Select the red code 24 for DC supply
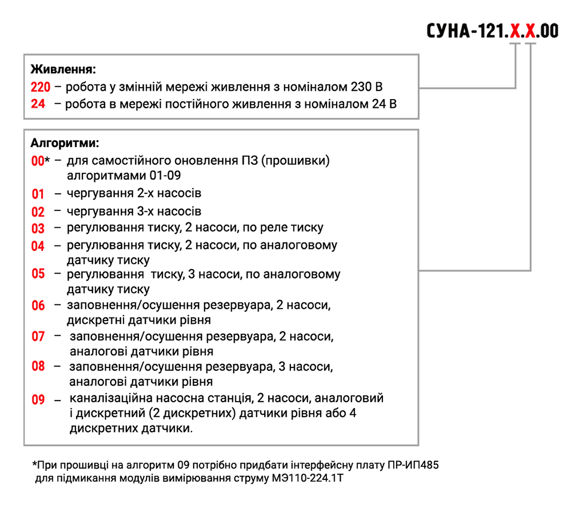pyautogui.click(x=38, y=104)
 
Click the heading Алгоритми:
pyautogui.click(x=65, y=143)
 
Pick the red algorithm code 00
pyautogui.click(x=38, y=161)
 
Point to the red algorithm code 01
pyautogui.click(x=38, y=194)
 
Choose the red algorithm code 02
pyautogui.click(x=38, y=212)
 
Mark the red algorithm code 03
pyautogui.click(x=38, y=228)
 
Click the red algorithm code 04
pyautogui.click(x=38, y=246)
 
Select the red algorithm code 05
pyautogui.click(x=38, y=274)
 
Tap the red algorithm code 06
pyautogui.click(x=38, y=305)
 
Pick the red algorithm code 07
pyautogui.click(x=38, y=336)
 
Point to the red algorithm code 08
pyautogui.click(x=38, y=366)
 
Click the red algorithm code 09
pyautogui.click(x=38, y=400)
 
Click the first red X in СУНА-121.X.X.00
pyautogui.click(x=516, y=31)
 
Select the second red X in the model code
pyautogui.click(x=531, y=31)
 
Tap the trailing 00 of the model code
pyautogui.click(x=549, y=31)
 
